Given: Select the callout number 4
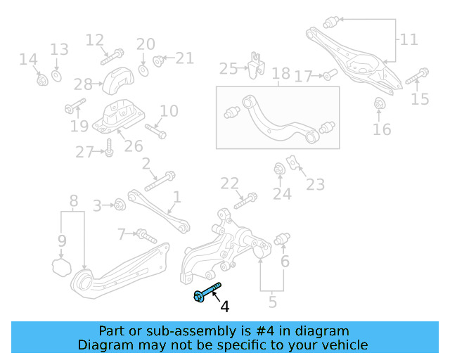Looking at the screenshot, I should [224, 307].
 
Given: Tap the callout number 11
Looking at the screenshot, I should [409, 39].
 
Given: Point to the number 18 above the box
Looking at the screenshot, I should [281, 73].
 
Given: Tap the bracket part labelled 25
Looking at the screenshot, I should [255, 64].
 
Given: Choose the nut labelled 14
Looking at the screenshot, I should [41, 79].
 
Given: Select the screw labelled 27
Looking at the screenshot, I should [110, 148].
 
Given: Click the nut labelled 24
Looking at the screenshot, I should [279, 169].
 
